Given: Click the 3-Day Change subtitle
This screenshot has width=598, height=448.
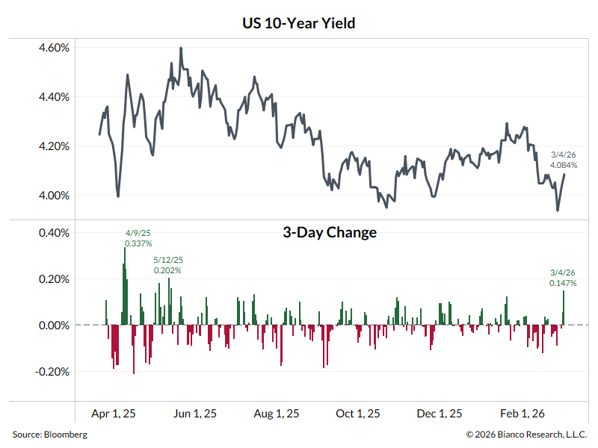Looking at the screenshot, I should pyautogui.click(x=329, y=232).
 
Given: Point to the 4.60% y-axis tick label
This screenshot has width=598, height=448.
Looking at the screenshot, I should pyautogui.click(x=54, y=48).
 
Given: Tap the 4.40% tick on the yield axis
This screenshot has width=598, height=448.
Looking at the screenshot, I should pyautogui.click(x=54, y=97).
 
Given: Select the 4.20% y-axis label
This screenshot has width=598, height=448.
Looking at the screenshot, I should pyautogui.click(x=54, y=146).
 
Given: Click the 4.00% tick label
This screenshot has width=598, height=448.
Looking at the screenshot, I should pyautogui.click(x=54, y=196).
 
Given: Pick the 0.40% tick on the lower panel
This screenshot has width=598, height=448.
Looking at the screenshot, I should pyautogui.click(x=54, y=233).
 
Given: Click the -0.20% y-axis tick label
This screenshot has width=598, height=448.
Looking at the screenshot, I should pyautogui.click(x=52, y=372).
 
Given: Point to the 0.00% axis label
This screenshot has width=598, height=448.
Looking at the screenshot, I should pyautogui.click(x=54, y=326).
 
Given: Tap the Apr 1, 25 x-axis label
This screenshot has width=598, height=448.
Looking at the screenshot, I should pyautogui.click(x=114, y=413).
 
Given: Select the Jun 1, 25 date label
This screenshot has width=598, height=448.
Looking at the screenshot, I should pyautogui.click(x=195, y=413).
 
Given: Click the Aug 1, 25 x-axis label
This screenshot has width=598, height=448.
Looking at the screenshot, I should pyautogui.click(x=277, y=413).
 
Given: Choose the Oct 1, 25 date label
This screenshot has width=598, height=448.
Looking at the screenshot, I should pyautogui.click(x=358, y=413).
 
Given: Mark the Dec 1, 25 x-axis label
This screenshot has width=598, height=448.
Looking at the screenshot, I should pyautogui.click(x=440, y=413).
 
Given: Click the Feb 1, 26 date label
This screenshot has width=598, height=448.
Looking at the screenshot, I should pyautogui.click(x=522, y=413).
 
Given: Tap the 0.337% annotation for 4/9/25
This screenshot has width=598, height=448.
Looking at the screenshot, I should pyautogui.click(x=138, y=243).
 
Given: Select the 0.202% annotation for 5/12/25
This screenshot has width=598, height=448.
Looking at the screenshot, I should pyautogui.click(x=167, y=270).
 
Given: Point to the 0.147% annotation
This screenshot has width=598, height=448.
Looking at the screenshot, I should pyautogui.click(x=563, y=283).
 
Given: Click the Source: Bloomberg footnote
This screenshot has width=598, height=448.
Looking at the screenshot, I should pyautogui.click(x=49, y=435).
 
